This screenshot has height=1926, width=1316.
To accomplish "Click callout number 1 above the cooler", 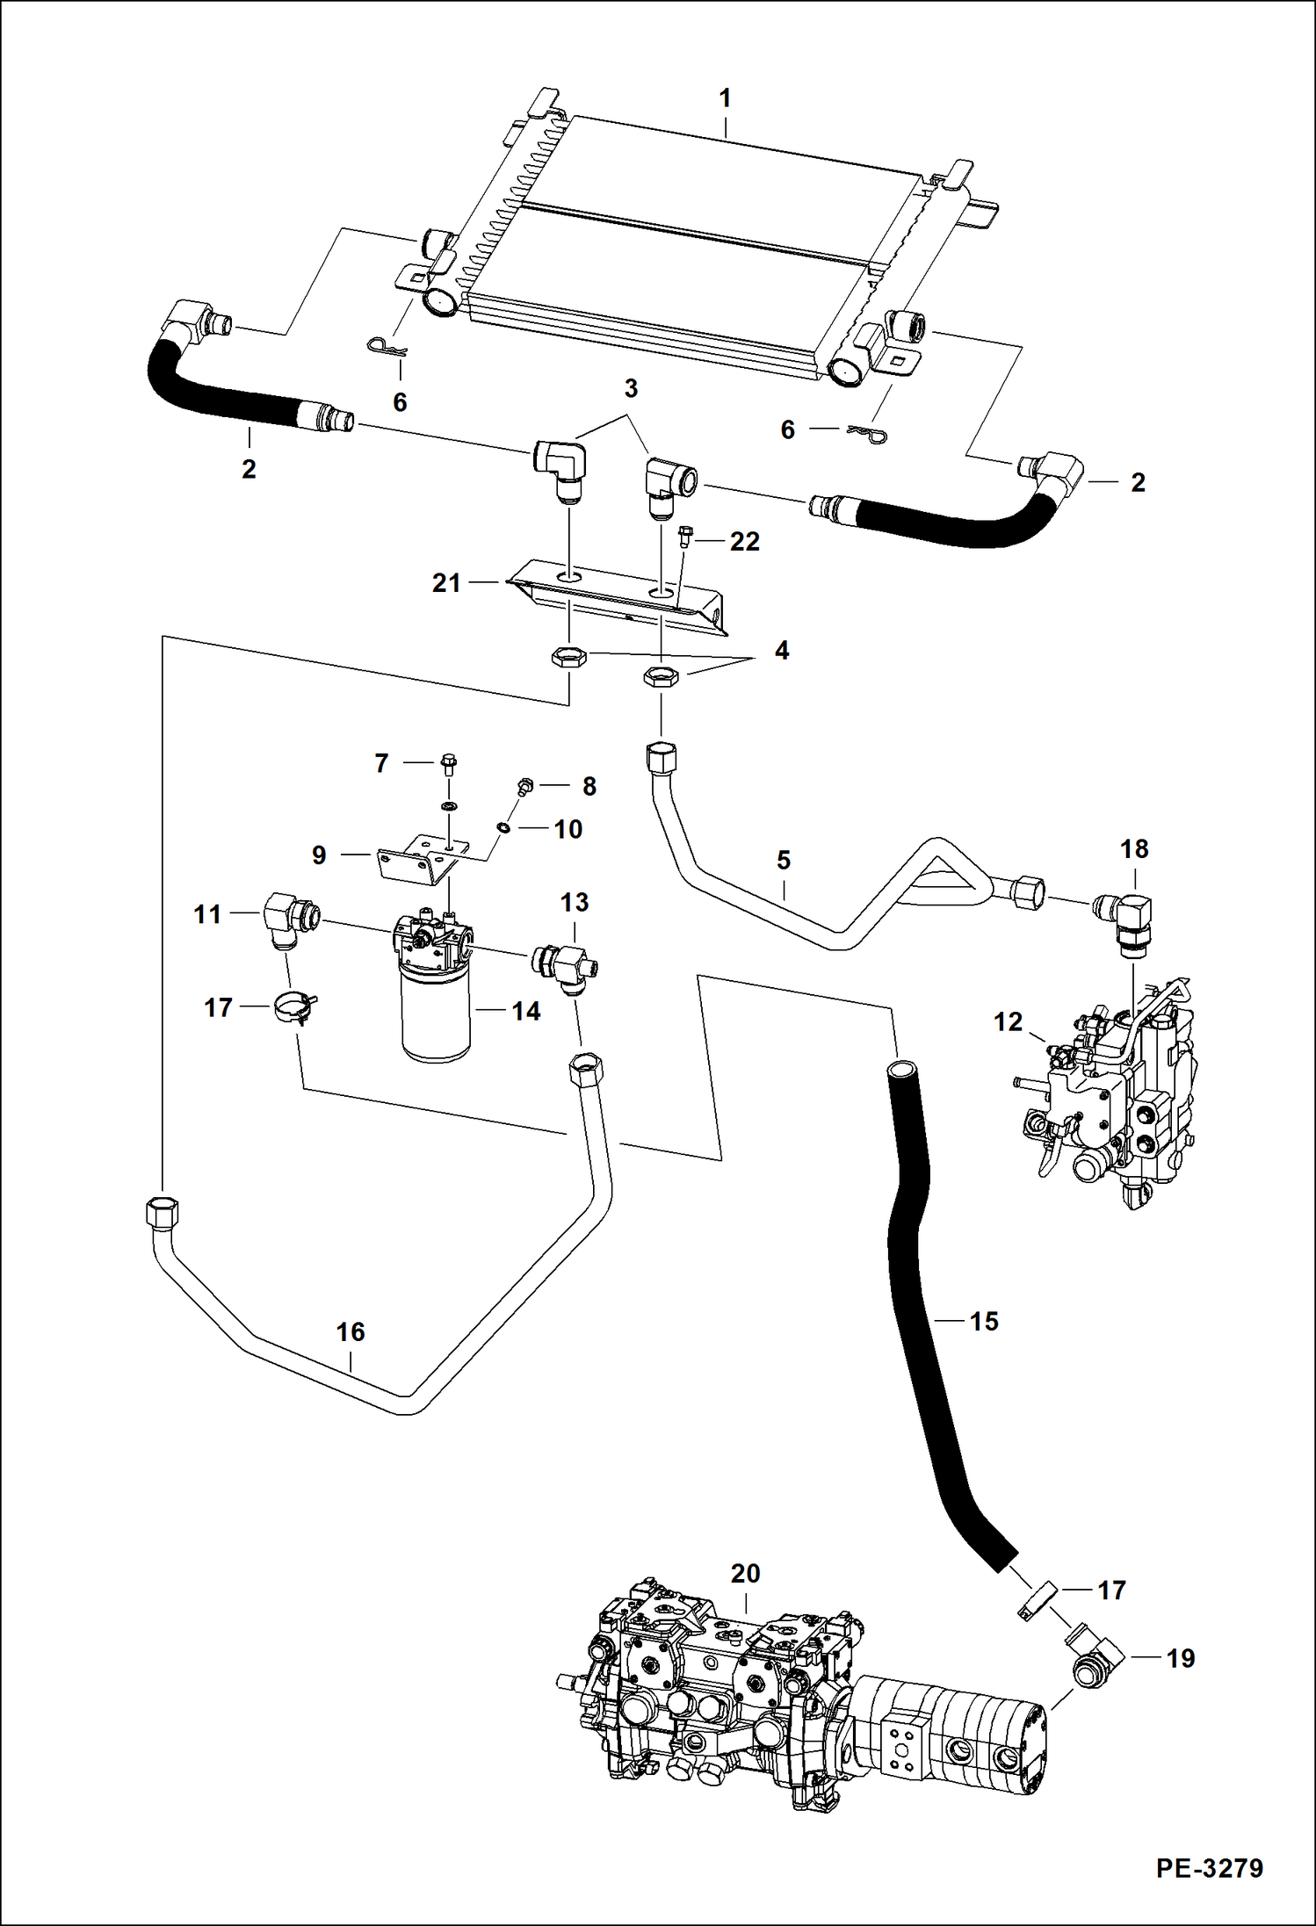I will pyautogui.click(x=725, y=99).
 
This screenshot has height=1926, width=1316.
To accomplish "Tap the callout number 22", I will pyautogui.click(x=744, y=542).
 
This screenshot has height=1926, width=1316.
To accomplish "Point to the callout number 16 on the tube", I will pyautogui.click(x=350, y=1331).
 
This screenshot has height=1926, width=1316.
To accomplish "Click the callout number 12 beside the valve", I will pyautogui.click(x=1008, y=1021).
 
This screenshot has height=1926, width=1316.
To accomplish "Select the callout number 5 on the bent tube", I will pyautogui.click(x=784, y=860).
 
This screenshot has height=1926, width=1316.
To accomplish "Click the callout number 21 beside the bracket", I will pyautogui.click(x=446, y=582).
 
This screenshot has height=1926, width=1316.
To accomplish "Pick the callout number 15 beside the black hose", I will pyautogui.click(x=984, y=1321).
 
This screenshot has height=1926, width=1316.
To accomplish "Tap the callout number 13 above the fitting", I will pyautogui.click(x=574, y=902).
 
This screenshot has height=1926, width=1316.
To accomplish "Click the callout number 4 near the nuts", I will pyautogui.click(x=781, y=651).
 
